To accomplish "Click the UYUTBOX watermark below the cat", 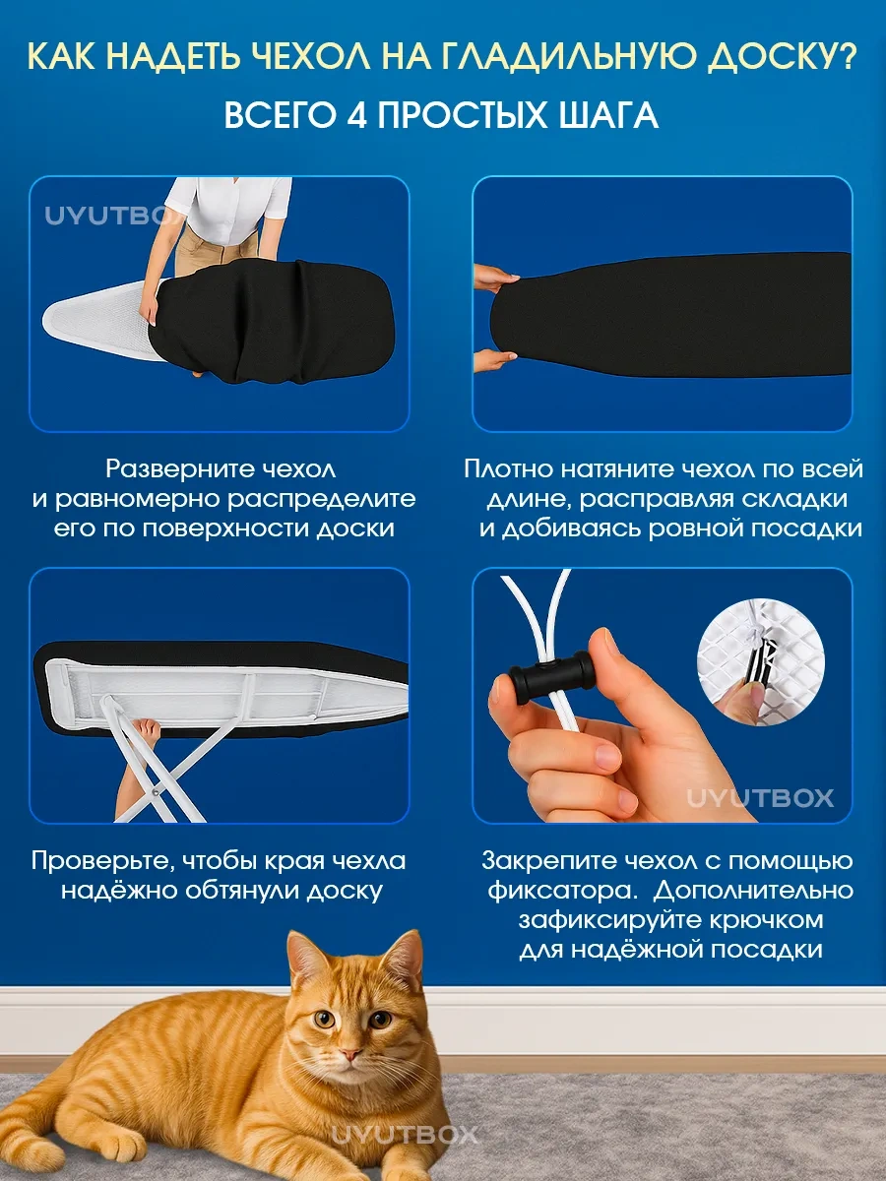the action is [x=405, y=1136].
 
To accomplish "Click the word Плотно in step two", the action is [x=508, y=469].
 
